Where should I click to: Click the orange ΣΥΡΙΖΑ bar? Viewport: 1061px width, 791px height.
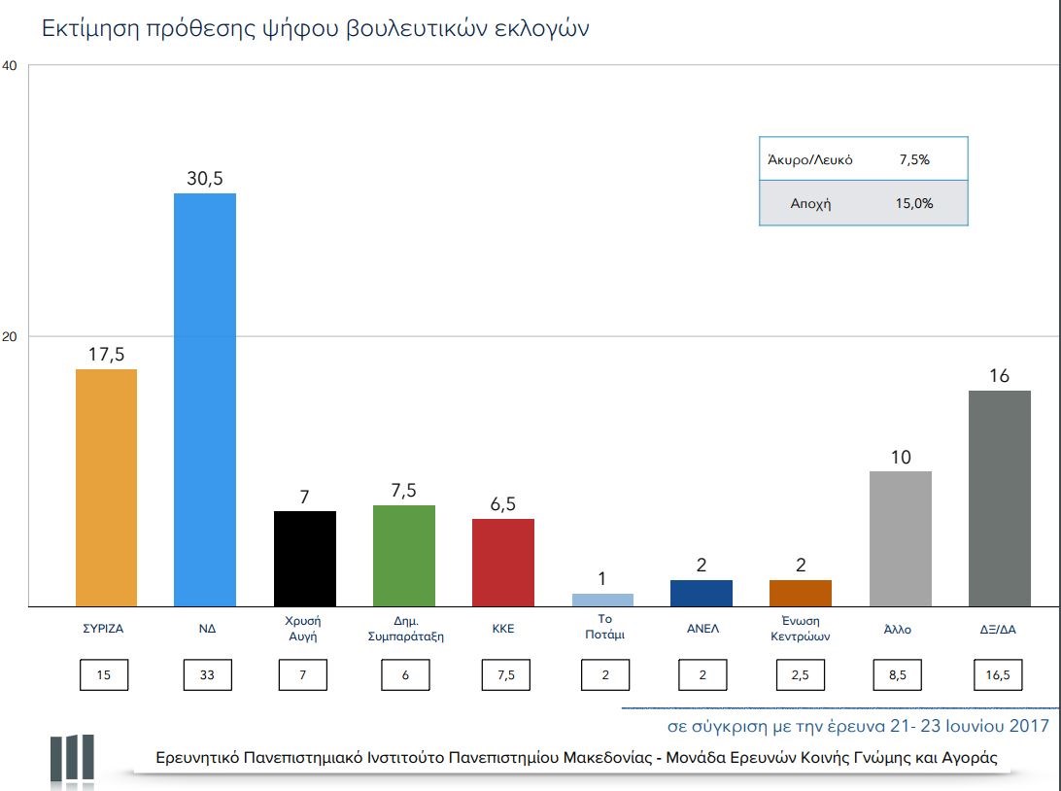106,488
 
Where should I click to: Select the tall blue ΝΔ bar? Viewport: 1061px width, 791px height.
204,399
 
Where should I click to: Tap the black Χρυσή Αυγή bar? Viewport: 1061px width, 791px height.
305,559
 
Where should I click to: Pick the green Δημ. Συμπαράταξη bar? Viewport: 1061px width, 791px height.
403,556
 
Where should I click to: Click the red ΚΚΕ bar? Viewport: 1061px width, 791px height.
502,563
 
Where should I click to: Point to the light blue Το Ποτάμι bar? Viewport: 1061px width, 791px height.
602,600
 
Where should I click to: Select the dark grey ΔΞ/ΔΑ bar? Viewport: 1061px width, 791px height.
1000,499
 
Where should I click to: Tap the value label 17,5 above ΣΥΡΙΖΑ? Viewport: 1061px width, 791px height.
106,354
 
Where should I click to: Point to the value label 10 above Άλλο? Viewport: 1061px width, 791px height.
901,456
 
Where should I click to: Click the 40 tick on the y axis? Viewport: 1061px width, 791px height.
10,65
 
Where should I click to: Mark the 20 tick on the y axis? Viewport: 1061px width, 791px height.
10,336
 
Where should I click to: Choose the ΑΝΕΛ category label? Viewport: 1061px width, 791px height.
702,629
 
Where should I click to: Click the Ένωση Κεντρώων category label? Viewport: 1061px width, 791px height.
801,629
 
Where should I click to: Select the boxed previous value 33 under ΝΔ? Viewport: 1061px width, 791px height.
206,675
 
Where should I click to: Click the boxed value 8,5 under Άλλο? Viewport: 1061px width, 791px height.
900,675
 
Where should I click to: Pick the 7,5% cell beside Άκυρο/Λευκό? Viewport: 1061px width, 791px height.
914,159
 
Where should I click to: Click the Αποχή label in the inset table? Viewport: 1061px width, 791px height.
811,204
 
